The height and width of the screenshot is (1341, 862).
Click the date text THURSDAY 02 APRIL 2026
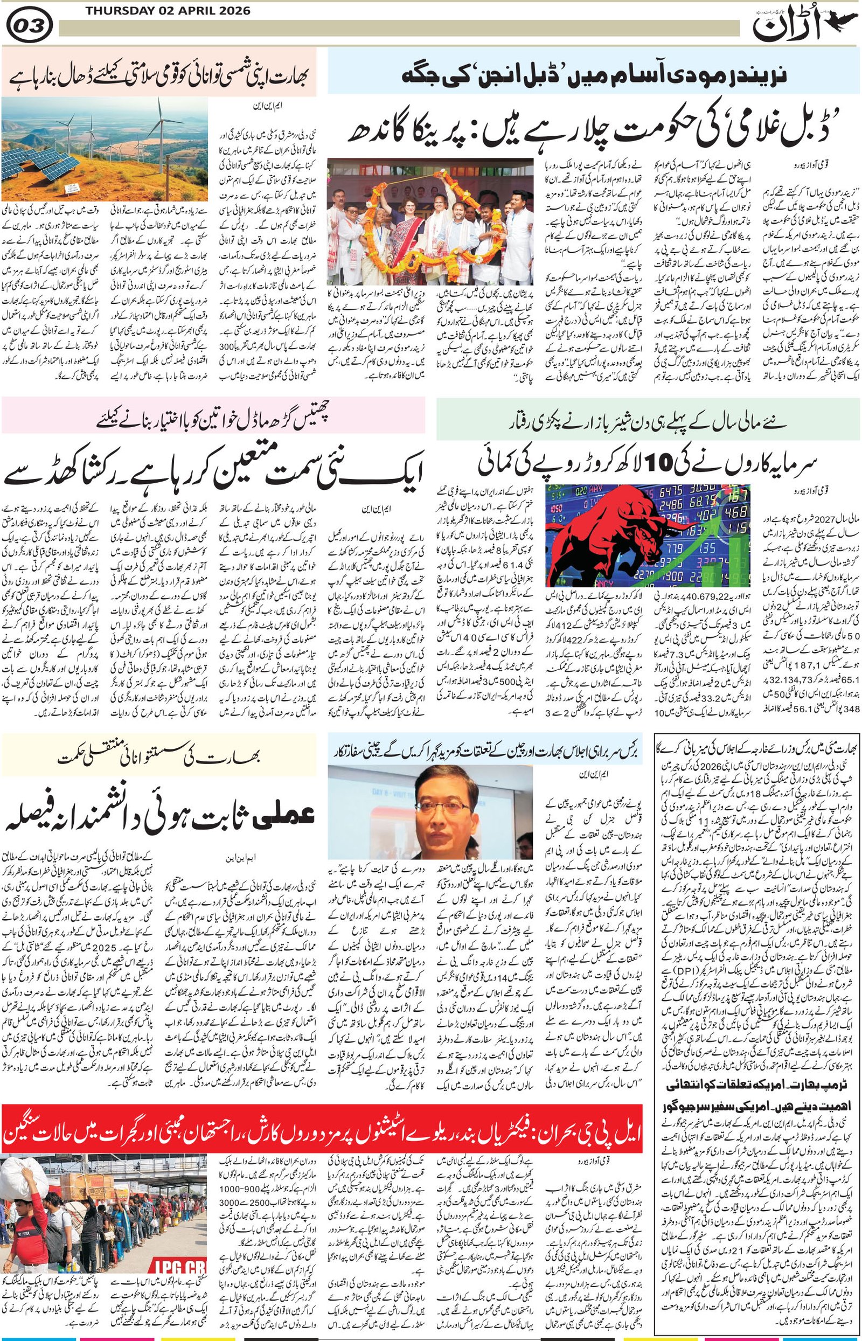[168, 11]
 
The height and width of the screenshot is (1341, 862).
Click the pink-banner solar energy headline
[159, 73]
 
